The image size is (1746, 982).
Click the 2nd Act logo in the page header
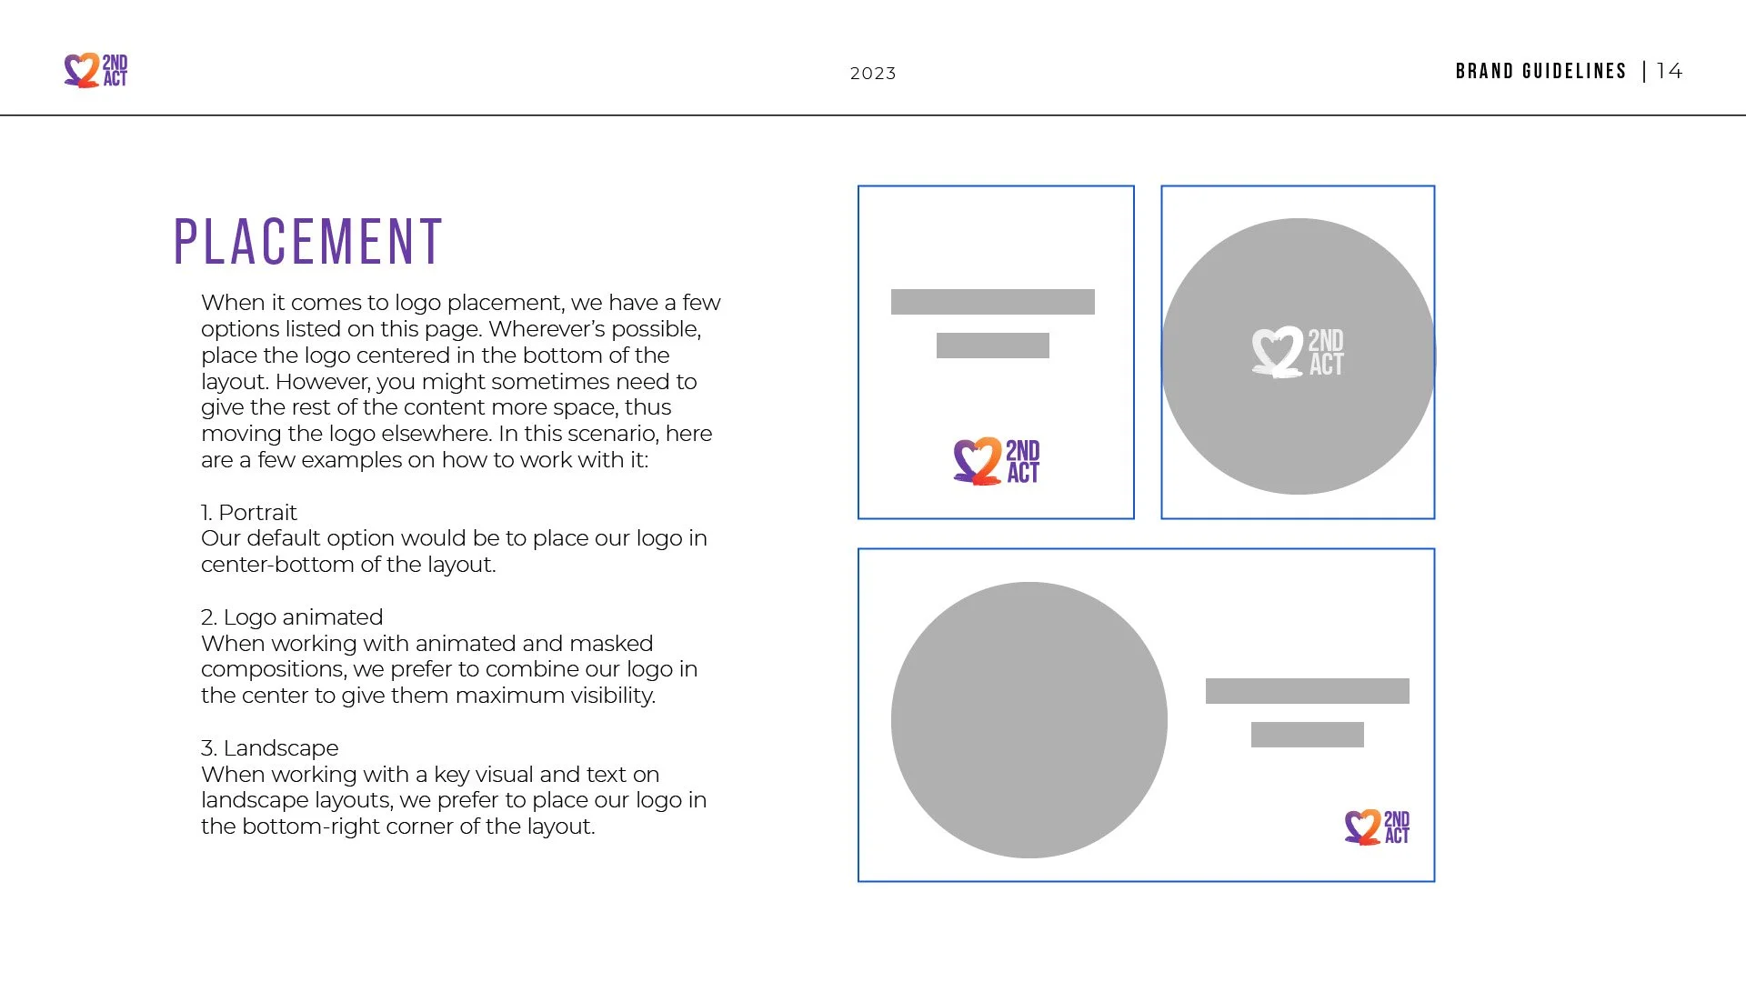(95, 71)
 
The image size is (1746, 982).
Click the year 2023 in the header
(873, 74)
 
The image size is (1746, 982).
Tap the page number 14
(1669, 71)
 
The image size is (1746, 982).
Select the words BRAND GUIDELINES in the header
(1540, 71)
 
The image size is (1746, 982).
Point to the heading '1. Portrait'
(249, 513)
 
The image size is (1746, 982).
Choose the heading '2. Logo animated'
(292, 617)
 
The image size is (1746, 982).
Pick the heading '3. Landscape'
(269, 748)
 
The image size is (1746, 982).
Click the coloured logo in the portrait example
(996, 461)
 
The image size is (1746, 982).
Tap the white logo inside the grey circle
(1298, 352)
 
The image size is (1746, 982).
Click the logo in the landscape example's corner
(1377, 827)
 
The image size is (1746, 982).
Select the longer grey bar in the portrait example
(992, 302)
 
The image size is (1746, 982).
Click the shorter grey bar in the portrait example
(992, 346)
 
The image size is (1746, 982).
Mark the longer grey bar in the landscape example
(1307, 691)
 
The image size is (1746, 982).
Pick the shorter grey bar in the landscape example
(1307, 735)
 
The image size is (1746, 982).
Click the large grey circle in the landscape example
(1029, 720)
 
